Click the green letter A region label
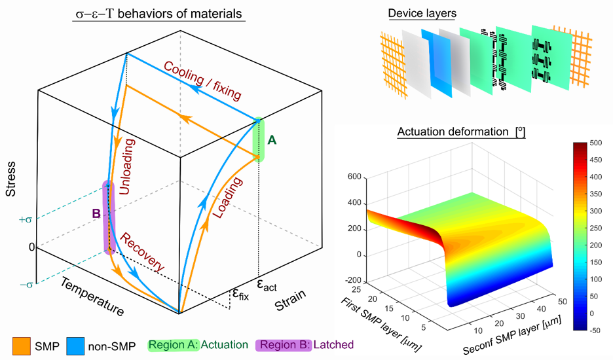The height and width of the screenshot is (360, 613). point(272,139)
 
